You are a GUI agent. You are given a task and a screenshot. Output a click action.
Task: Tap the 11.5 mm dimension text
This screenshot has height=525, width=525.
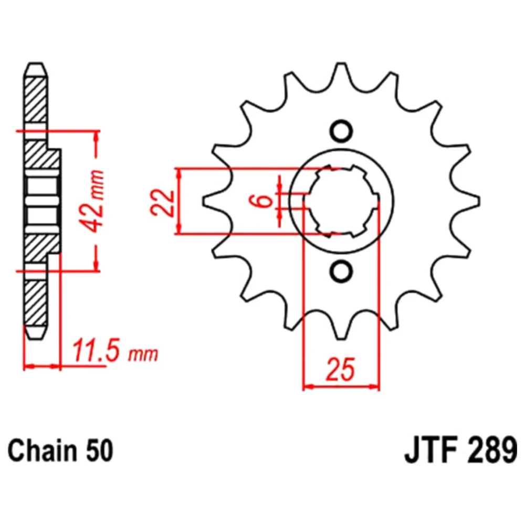point(115,351)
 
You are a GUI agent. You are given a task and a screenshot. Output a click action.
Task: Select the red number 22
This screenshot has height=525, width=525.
point(162,203)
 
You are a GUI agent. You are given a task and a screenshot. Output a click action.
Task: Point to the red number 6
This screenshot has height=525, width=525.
point(264,200)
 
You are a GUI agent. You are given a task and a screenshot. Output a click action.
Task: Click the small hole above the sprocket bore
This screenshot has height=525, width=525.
point(341,131)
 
